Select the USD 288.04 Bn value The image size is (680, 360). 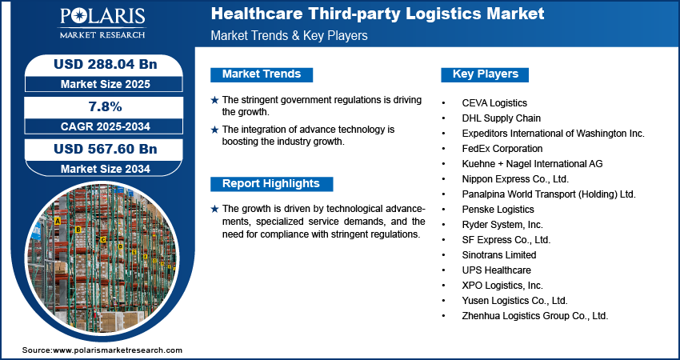[x=100, y=64]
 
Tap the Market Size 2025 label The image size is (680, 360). [x=100, y=83]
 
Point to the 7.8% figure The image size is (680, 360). [x=100, y=106]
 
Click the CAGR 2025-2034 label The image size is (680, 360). [x=100, y=126]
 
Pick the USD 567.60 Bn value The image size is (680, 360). [x=100, y=149]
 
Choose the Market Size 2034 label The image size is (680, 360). [x=100, y=168]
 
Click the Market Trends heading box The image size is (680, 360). [x=262, y=74]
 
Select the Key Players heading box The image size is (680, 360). [x=486, y=74]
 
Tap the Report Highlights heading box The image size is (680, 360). [x=270, y=183]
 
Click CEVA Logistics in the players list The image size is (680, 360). [x=494, y=103]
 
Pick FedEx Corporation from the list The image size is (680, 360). [x=502, y=148]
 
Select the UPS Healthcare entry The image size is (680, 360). [x=496, y=270]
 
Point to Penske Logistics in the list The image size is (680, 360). [x=498, y=209]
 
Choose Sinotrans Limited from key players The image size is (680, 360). [x=499, y=254]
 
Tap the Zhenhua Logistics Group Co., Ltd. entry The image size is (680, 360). [x=535, y=316]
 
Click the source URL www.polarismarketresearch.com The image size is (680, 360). [x=118, y=350]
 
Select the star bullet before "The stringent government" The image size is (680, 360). [x=214, y=100]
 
